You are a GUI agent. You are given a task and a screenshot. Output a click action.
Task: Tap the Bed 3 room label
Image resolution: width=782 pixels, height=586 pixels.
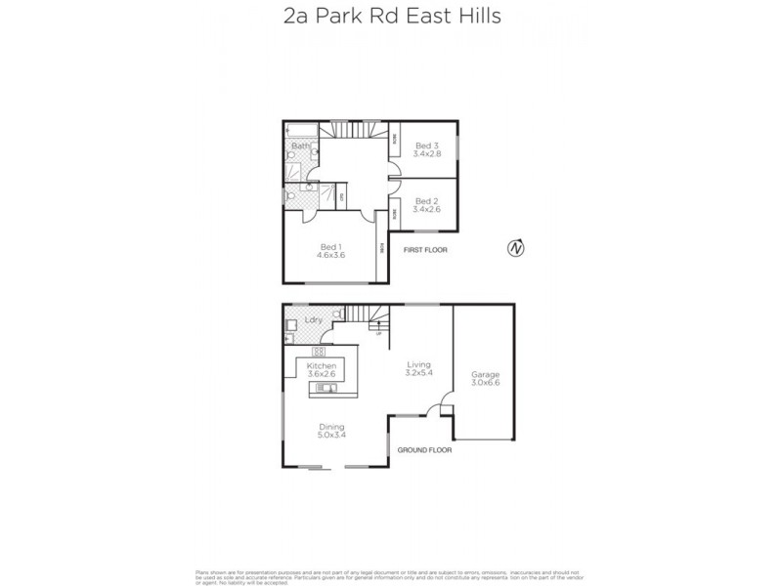click(x=427, y=146)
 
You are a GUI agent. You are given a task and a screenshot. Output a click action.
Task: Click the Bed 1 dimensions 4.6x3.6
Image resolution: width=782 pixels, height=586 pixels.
click(x=329, y=255)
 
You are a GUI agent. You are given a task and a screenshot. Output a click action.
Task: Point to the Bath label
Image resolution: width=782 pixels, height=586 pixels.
click(x=300, y=146)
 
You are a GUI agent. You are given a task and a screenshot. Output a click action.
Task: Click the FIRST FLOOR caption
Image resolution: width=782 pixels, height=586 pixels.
click(x=425, y=250)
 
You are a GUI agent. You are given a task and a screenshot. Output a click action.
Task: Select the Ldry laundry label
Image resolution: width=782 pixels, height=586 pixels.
click(x=314, y=319)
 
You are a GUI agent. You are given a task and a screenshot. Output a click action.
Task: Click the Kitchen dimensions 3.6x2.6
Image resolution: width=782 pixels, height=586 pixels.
click(x=321, y=373)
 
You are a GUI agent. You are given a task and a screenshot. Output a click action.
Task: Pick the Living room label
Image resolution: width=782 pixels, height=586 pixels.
click(x=419, y=365)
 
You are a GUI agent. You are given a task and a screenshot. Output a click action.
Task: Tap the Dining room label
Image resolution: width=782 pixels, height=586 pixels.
click(x=331, y=426)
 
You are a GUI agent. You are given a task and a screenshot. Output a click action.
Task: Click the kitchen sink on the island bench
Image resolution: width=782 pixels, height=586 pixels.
click(x=325, y=389)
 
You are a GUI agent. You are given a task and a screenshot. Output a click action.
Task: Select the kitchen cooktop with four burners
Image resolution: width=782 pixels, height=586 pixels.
click(x=319, y=351)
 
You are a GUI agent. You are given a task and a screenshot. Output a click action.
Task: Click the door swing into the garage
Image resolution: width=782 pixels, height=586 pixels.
click(x=445, y=401)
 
